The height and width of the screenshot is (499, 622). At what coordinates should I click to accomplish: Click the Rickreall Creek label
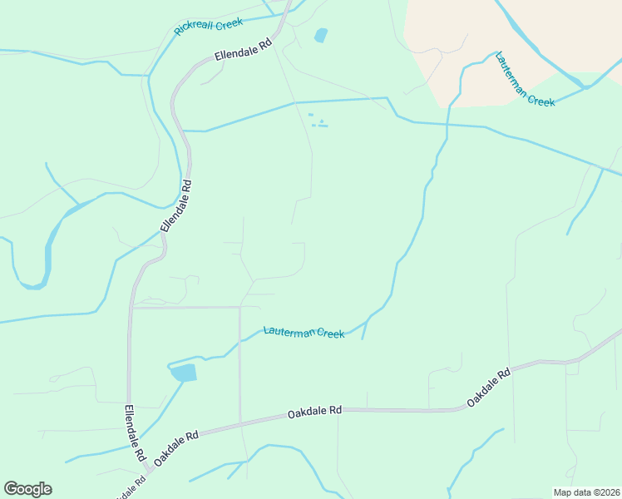pyautogui.click(x=209, y=26)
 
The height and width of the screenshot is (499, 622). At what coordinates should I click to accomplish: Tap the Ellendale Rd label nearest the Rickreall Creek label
pyautogui.click(x=244, y=52)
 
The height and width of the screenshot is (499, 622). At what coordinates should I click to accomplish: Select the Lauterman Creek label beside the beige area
pyautogui.click(x=525, y=80)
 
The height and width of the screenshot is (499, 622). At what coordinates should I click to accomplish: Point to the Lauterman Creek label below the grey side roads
pyautogui.click(x=304, y=333)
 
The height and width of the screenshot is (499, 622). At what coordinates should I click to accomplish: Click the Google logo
pyautogui.click(x=27, y=488)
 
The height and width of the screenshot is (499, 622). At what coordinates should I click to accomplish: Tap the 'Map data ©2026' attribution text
pyautogui.click(x=586, y=492)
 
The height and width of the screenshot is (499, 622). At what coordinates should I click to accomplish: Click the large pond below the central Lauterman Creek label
pyautogui.click(x=184, y=372)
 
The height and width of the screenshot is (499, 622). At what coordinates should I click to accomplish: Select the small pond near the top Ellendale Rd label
pyautogui.click(x=320, y=36)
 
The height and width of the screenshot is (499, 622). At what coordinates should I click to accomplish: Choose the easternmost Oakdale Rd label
pyautogui.click(x=488, y=388)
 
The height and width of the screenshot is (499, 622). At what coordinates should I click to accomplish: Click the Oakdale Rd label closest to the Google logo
pyautogui.click(x=176, y=447)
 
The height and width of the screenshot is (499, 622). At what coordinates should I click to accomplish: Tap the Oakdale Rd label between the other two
pyautogui.click(x=315, y=412)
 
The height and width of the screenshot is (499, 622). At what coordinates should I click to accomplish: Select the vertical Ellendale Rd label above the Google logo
pyautogui.click(x=134, y=433)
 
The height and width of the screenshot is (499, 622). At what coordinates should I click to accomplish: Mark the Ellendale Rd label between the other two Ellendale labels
pyautogui.click(x=176, y=206)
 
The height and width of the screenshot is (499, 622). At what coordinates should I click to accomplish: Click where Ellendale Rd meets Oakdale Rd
pyautogui.click(x=148, y=472)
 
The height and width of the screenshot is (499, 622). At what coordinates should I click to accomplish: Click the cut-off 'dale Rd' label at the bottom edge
pyautogui.click(x=126, y=491)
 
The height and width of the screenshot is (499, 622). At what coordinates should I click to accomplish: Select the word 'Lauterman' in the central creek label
pyautogui.click(x=289, y=331)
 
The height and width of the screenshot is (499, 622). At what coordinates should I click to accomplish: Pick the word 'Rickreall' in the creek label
pyautogui.click(x=194, y=30)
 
